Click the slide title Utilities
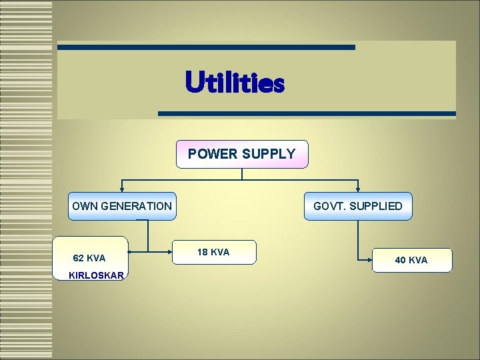(x=235, y=84)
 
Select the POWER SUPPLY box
(x=241, y=154)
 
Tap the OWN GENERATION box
(x=121, y=206)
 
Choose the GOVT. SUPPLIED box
(x=358, y=206)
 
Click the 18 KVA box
(x=213, y=253)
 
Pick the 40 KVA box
(x=411, y=260)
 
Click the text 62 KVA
(x=89, y=258)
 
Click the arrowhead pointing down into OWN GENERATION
(x=121, y=190)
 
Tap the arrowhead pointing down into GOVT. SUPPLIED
(x=358, y=190)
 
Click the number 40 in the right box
(x=401, y=260)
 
